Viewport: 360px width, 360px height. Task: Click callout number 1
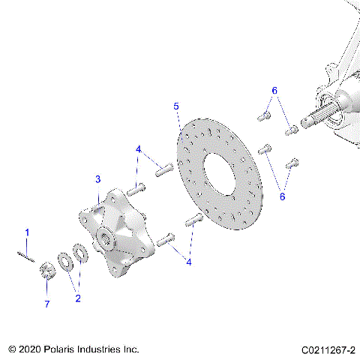point(27,233)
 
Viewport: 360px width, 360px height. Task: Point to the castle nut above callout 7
point(46,270)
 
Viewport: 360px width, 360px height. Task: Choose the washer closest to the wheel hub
point(79,253)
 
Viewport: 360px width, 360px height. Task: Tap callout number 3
point(97,179)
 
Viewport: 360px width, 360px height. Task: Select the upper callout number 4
point(138,149)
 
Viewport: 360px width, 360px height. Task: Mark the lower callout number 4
point(189,262)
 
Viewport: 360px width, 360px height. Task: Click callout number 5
point(176,106)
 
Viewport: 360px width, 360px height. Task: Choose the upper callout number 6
point(274,90)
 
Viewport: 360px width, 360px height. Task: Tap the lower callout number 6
point(283,196)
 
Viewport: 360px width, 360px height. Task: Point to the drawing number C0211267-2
point(328,350)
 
